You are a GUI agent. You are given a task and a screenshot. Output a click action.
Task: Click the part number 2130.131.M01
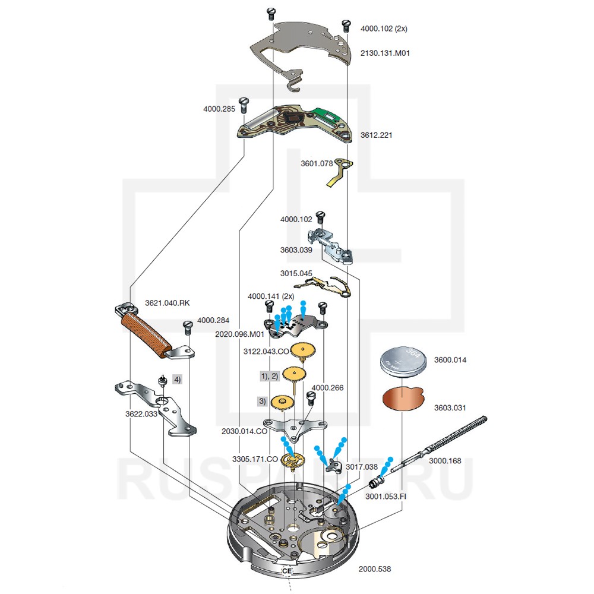(385, 53)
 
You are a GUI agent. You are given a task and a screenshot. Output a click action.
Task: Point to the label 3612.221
(376, 135)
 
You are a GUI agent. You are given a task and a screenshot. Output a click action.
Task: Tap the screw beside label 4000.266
(311, 397)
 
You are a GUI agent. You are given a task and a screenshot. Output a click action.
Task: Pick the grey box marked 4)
(177, 379)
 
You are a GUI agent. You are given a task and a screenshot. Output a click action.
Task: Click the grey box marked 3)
(262, 401)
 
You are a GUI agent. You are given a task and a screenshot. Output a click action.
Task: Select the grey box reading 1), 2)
(269, 376)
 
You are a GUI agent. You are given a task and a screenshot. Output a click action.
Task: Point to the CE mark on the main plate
(287, 571)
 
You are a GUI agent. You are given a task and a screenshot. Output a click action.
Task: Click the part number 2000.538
(375, 569)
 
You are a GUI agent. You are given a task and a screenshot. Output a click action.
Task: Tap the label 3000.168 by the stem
(445, 461)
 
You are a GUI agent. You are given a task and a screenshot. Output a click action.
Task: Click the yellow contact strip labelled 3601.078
(339, 172)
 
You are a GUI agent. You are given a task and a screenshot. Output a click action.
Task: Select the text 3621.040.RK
(167, 303)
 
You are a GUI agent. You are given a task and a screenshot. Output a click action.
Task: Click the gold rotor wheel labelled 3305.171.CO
(293, 462)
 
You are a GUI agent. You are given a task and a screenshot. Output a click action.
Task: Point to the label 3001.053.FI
(386, 496)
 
